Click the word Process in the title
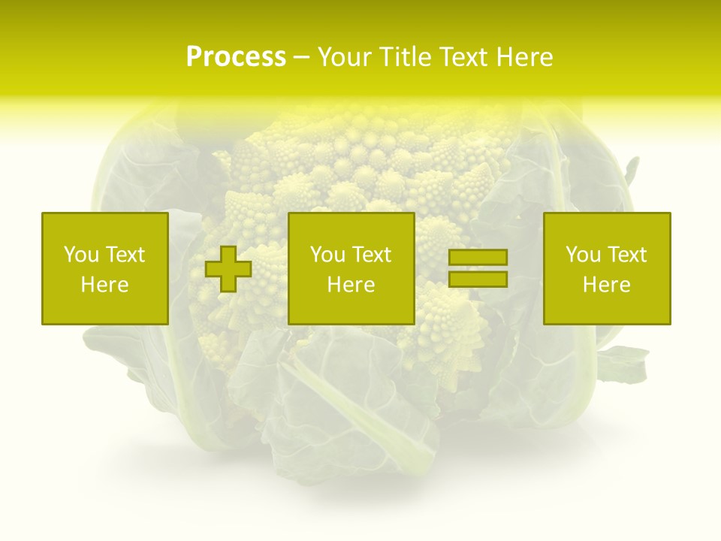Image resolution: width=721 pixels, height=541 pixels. pos(236,57)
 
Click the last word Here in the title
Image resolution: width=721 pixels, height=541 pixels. pos(525,57)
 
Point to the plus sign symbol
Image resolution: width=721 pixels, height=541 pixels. pos(228,268)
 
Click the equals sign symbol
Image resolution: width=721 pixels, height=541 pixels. pos(478,268)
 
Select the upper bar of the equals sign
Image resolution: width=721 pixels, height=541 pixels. pos(478,257)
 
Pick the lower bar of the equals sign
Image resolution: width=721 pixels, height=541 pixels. pos(478,280)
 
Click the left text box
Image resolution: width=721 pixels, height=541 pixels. pos(104,268)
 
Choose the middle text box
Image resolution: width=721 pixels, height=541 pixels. pos(351,268)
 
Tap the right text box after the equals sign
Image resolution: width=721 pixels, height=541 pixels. pos(607,268)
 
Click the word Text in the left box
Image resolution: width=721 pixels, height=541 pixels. pos(125,255)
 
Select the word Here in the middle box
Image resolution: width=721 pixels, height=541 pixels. pos(351,285)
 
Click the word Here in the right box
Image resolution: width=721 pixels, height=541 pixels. pos(607,285)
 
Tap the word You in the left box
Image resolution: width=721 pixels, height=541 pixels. pos(81,255)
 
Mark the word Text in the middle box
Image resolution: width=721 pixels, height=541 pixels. pos(372,255)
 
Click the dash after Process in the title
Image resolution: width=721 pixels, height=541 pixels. pos(301,57)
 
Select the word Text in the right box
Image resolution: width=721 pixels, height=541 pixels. pos(627,255)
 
